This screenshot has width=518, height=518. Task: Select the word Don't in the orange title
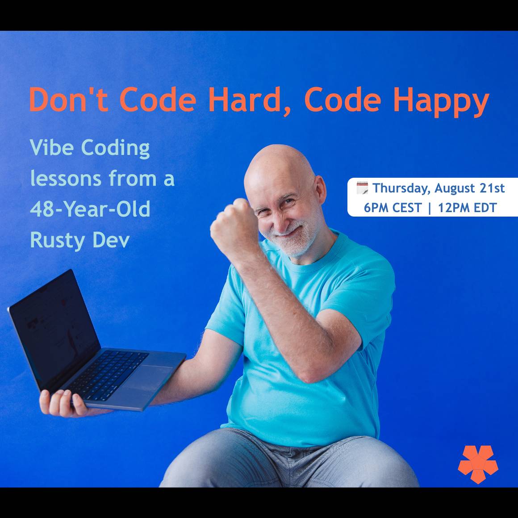69,99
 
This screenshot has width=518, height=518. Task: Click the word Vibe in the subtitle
51,147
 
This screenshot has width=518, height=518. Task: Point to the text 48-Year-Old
90,209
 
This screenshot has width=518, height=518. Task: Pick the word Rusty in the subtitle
57,241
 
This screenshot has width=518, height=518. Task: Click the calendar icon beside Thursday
362,188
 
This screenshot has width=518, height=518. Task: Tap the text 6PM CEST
393,208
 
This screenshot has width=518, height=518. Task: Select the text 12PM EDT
468,208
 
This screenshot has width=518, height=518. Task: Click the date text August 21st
469,188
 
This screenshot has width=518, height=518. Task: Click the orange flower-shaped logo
478,464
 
